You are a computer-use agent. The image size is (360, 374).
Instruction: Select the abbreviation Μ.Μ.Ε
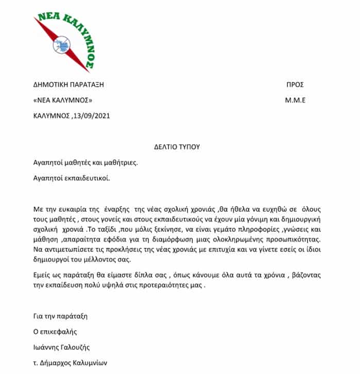coord(295,100)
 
